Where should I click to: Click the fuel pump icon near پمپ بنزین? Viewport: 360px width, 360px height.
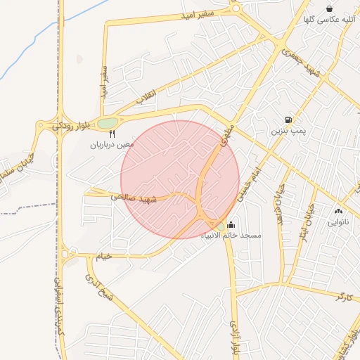[288, 120]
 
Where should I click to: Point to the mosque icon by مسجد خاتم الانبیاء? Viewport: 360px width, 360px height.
[231, 225]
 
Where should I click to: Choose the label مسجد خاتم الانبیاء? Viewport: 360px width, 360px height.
[231, 236]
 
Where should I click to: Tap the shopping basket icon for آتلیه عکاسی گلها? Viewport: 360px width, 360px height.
[329, 8]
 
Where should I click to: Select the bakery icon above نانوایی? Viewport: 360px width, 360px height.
[338, 210]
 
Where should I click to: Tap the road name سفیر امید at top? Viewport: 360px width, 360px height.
[203, 13]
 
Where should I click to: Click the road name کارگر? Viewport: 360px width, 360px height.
[342, 296]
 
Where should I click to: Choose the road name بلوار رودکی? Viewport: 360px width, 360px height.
[70, 124]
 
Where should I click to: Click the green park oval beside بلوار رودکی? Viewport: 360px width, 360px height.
[107, 124]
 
